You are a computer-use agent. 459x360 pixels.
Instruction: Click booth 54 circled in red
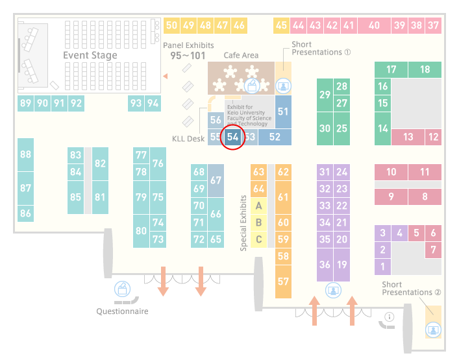pyautogui.click(x=232, y=137)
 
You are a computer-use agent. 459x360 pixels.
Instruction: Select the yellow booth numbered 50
pyautogui.click(x=171, y=25)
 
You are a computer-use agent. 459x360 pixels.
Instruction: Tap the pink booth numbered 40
pyautogui.click(x=374, y=25)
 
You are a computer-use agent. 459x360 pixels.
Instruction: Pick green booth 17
pyautogui.click(x=391, y=69)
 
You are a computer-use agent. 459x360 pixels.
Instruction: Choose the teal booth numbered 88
pyautogui.click(x=25, y=154)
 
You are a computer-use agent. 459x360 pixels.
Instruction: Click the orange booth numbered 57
pyautogui.click(x=283, y=282)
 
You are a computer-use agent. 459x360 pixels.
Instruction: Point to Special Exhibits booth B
pyautogui.click(x=259, y=222)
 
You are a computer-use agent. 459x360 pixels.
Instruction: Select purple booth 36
pyautogui.click(x=325, y=265)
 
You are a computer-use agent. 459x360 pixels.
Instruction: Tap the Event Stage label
pyautogui.click(x=90, y=55)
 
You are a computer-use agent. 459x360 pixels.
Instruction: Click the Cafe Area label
pyautogui.click(x=241, y=55)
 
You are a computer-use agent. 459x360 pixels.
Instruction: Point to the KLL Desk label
pyautogui.click(x=188, y=139)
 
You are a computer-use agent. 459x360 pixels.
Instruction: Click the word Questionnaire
pyautogui.click(x=122, y=311)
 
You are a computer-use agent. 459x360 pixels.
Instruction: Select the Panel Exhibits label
pyautogui.click(x=188, y=45)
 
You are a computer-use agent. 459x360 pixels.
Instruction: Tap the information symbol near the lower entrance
pyautogui.click(x=390, y=317)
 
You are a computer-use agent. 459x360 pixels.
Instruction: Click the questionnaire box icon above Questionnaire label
pyautogui.click(x=122, y=289)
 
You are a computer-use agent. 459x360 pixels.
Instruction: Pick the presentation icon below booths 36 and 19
pyautogui.click(x=333, y=291)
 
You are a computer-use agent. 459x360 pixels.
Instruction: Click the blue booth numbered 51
pyautogui.click(x=283, y=112)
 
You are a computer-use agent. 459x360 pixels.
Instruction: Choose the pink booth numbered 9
pyautogui.click(x=391, y=197)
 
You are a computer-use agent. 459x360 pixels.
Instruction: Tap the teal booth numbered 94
pyautogui.click(x=153, y=103)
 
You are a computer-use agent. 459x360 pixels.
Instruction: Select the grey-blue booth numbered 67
pyautogui.click(x=216, y=180)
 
